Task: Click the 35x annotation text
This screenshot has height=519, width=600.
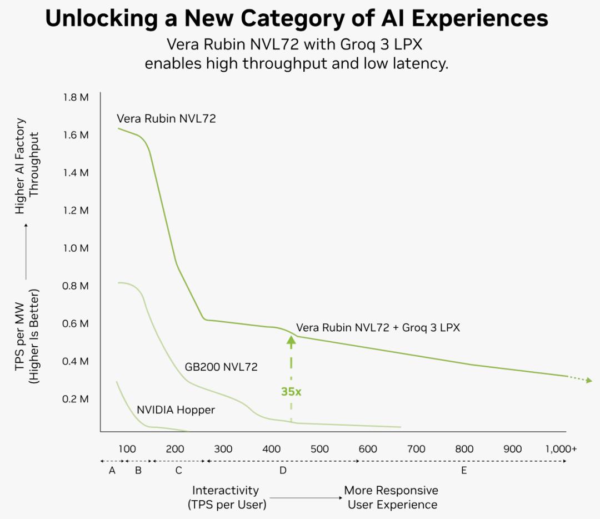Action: [291, 392]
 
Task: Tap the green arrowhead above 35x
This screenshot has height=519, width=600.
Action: [291, 341]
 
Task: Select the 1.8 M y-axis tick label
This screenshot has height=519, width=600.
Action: [76, 97]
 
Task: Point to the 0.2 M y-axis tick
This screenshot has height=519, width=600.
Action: [76, 399]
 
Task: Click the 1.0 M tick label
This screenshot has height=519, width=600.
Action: [76, 248]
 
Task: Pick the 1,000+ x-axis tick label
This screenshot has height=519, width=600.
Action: [561, 448]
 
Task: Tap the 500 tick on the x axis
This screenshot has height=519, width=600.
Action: [319, 448]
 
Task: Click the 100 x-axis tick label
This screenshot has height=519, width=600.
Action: [127, 448]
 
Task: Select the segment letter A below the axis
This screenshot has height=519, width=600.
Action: [112, 471]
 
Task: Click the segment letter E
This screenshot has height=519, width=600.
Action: [464, 471]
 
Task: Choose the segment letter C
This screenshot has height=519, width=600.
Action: [179, 471]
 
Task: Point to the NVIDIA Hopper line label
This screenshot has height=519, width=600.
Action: [176, 410]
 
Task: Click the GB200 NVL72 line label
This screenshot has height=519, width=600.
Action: [221, 367]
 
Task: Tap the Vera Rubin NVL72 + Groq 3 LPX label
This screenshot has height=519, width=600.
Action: [378, 328]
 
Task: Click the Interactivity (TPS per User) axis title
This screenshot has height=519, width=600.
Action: [227, 497]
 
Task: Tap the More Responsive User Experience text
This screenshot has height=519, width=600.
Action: [391, 497]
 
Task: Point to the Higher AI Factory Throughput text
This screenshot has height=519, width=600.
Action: [27, 166]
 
